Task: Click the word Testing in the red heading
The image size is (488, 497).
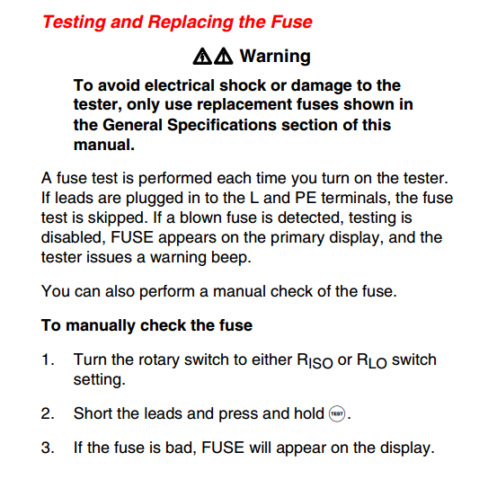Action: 74,22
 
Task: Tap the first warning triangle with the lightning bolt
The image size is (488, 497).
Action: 202,57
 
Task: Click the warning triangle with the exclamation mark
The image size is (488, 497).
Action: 224,57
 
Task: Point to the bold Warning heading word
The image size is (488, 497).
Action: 275,56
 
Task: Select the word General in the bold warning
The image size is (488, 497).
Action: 132,125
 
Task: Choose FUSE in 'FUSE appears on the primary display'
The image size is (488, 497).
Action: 132,237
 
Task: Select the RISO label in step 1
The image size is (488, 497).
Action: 315,361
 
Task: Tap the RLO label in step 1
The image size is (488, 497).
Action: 372,361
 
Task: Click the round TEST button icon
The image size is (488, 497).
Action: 337,413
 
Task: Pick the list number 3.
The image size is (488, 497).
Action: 48,448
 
